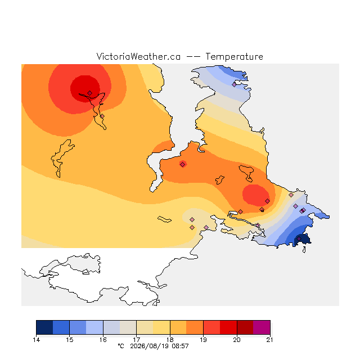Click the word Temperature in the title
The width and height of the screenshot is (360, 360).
pos(234,56)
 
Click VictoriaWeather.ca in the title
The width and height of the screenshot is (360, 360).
pos(138,56)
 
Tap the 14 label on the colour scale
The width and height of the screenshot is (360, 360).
pos(36,340)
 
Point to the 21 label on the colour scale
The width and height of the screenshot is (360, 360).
pos(270,340)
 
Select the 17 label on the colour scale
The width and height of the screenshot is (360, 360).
pos(136,340)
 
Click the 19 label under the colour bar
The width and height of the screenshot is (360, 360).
pos(203,340)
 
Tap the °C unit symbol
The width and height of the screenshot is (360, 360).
pos(121,346)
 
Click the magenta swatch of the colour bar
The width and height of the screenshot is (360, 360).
pos(262,327)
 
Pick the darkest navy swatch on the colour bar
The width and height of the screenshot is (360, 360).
pos(44,327)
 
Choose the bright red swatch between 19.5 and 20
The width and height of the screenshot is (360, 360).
pos(228,327)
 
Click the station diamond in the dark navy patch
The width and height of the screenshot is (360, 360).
pos(299,238)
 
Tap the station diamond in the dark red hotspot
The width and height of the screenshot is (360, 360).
pos(90,93)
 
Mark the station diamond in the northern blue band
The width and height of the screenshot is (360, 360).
pos(234,85)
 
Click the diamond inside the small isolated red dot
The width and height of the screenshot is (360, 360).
pos(182,164)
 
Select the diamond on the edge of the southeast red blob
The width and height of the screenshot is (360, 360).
pos(268,201)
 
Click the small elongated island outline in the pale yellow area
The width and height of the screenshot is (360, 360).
pos(164,219)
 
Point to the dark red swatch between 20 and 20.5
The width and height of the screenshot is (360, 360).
pos(245,327)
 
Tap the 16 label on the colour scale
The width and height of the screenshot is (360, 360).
pos(103,340)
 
